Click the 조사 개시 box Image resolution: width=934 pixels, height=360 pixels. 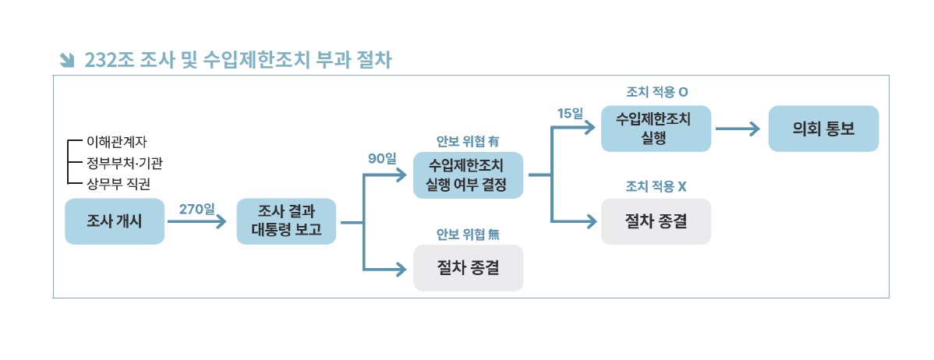click(115, 221)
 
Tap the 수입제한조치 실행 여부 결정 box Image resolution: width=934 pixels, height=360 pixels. click(467, 175)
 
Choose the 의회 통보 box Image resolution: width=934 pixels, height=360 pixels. click(823, 129)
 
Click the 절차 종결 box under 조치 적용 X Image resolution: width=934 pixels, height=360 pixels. click(656, 221)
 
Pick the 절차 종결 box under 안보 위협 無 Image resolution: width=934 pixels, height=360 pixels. click(467, 268)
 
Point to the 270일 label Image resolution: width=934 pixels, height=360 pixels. click(196, 209)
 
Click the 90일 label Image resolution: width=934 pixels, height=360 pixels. click(382, 158)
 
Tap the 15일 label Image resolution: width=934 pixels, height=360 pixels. click(570, 114)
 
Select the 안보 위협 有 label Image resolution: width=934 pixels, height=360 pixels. click(467, 141)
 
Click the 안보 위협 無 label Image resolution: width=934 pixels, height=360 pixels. click(467, 234)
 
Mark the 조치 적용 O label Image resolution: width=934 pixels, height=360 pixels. click(656, 92)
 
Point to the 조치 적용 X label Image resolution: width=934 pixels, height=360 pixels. click(656, 187)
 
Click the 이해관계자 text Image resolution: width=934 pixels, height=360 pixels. click(117, 142)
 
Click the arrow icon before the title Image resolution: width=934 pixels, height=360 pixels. click(66, 60)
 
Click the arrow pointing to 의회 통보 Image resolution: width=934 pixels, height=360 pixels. click(738, 129)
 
